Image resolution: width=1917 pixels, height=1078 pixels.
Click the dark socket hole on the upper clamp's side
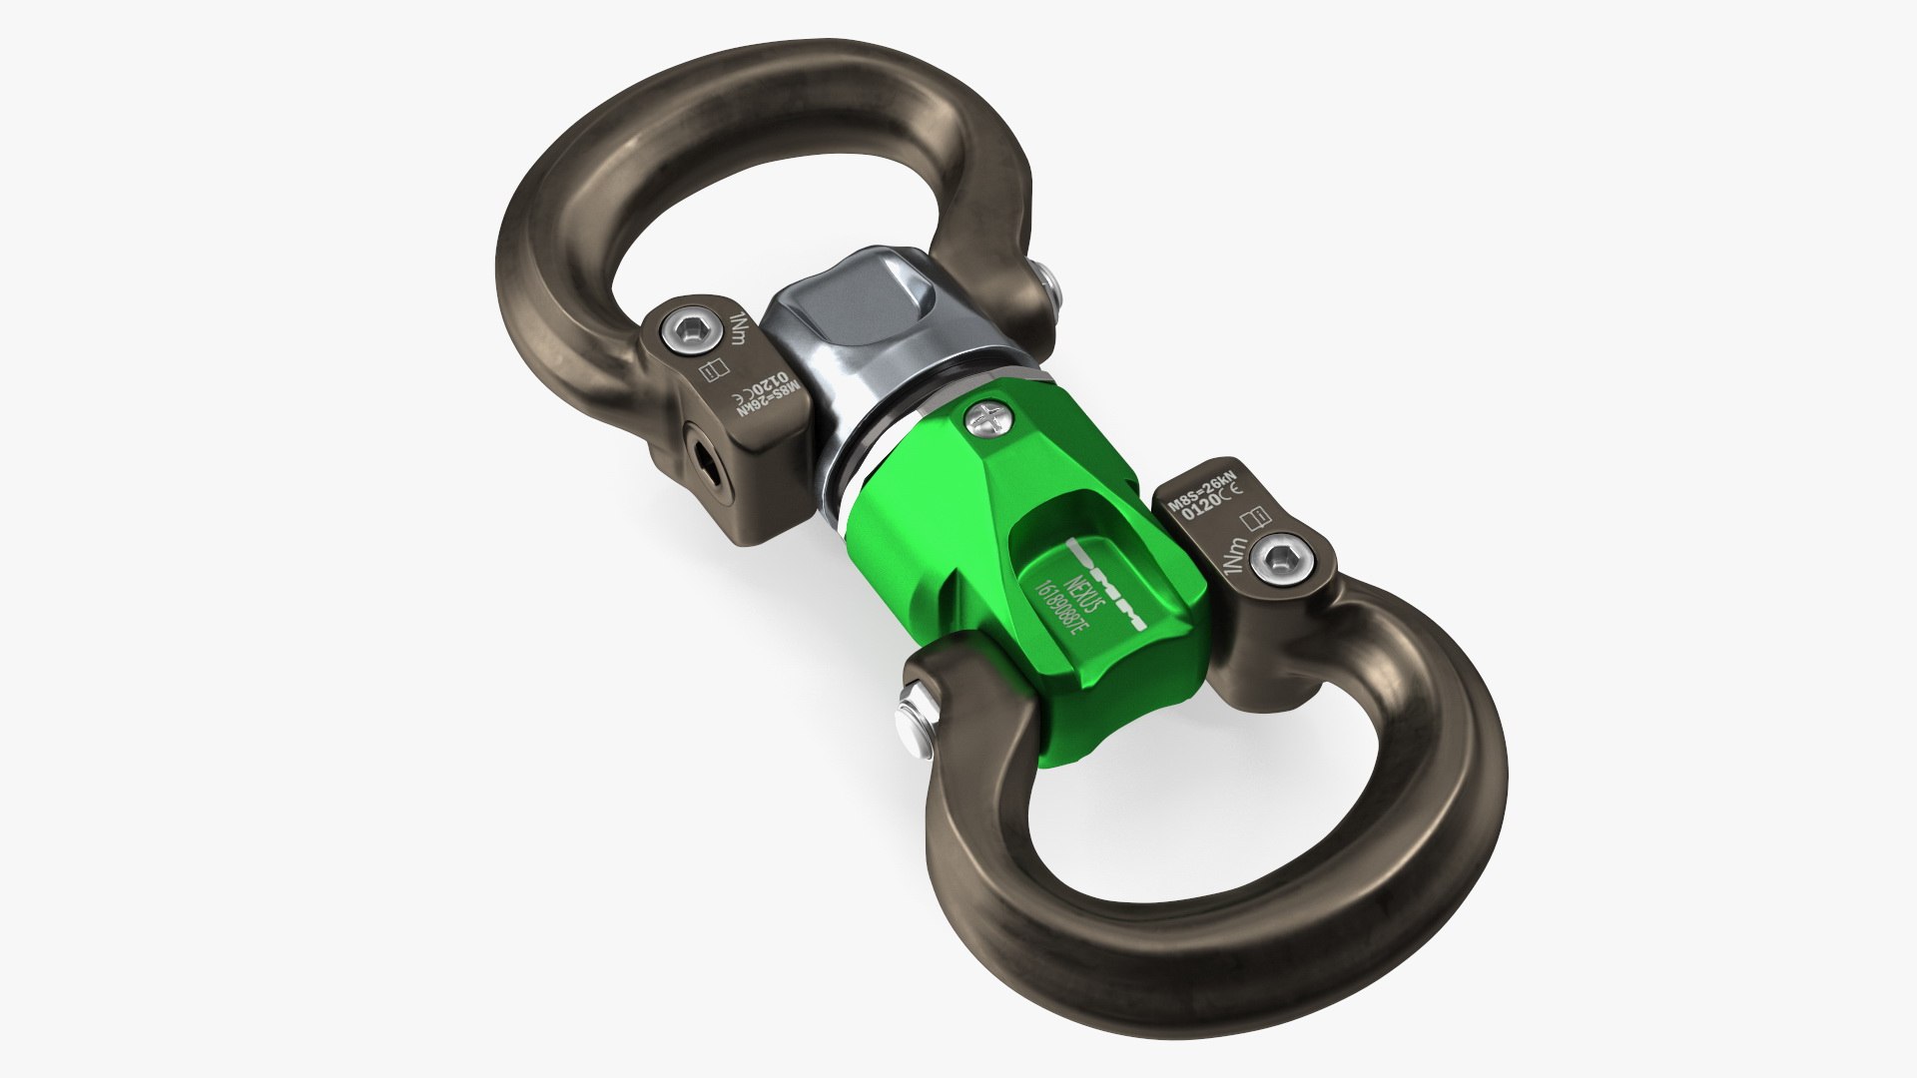(705, 460)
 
